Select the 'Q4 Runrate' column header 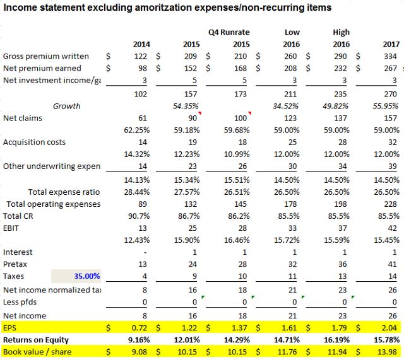pos(228,32)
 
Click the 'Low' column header pos(291,32)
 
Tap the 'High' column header pos(341,32)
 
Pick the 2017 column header pos(389,44)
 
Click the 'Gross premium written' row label pos(45,55)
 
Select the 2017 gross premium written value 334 pos(390,55)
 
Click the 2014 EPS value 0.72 pos(139,328)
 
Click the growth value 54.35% pos(186,106)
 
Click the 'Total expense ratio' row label pos(64,192)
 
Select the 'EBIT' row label pos(13,227)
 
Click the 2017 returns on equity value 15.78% pos(386,340)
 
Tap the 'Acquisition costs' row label pos(34,142)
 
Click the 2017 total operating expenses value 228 pos(391,204)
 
